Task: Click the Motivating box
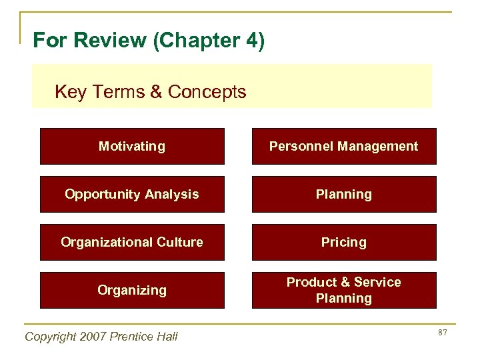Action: point(132,146)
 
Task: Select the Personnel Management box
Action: point(343,146)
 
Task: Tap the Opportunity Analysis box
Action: point(132,194)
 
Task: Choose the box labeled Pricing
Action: point(343,242)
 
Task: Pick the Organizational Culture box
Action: point(132,242)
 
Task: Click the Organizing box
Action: point(132,290)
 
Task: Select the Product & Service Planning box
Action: point(343,290)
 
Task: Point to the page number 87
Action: point(441,333)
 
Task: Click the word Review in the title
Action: point(111,41)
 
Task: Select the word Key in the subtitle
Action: point(70,92)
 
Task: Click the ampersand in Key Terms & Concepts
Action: point(157,92)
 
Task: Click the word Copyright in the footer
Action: point(51,337)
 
